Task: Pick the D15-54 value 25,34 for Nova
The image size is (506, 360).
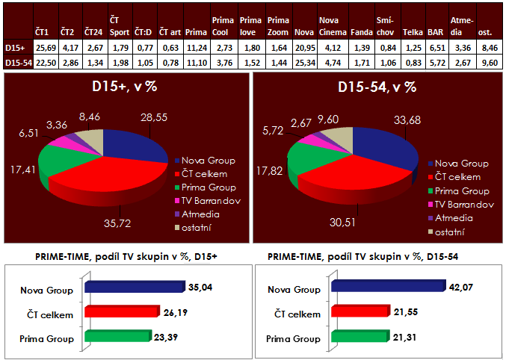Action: click(x=303, y=63)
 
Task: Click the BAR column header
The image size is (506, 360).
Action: click(x=435, y=33)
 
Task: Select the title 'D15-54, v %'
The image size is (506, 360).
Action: click(x=377, y=87)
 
